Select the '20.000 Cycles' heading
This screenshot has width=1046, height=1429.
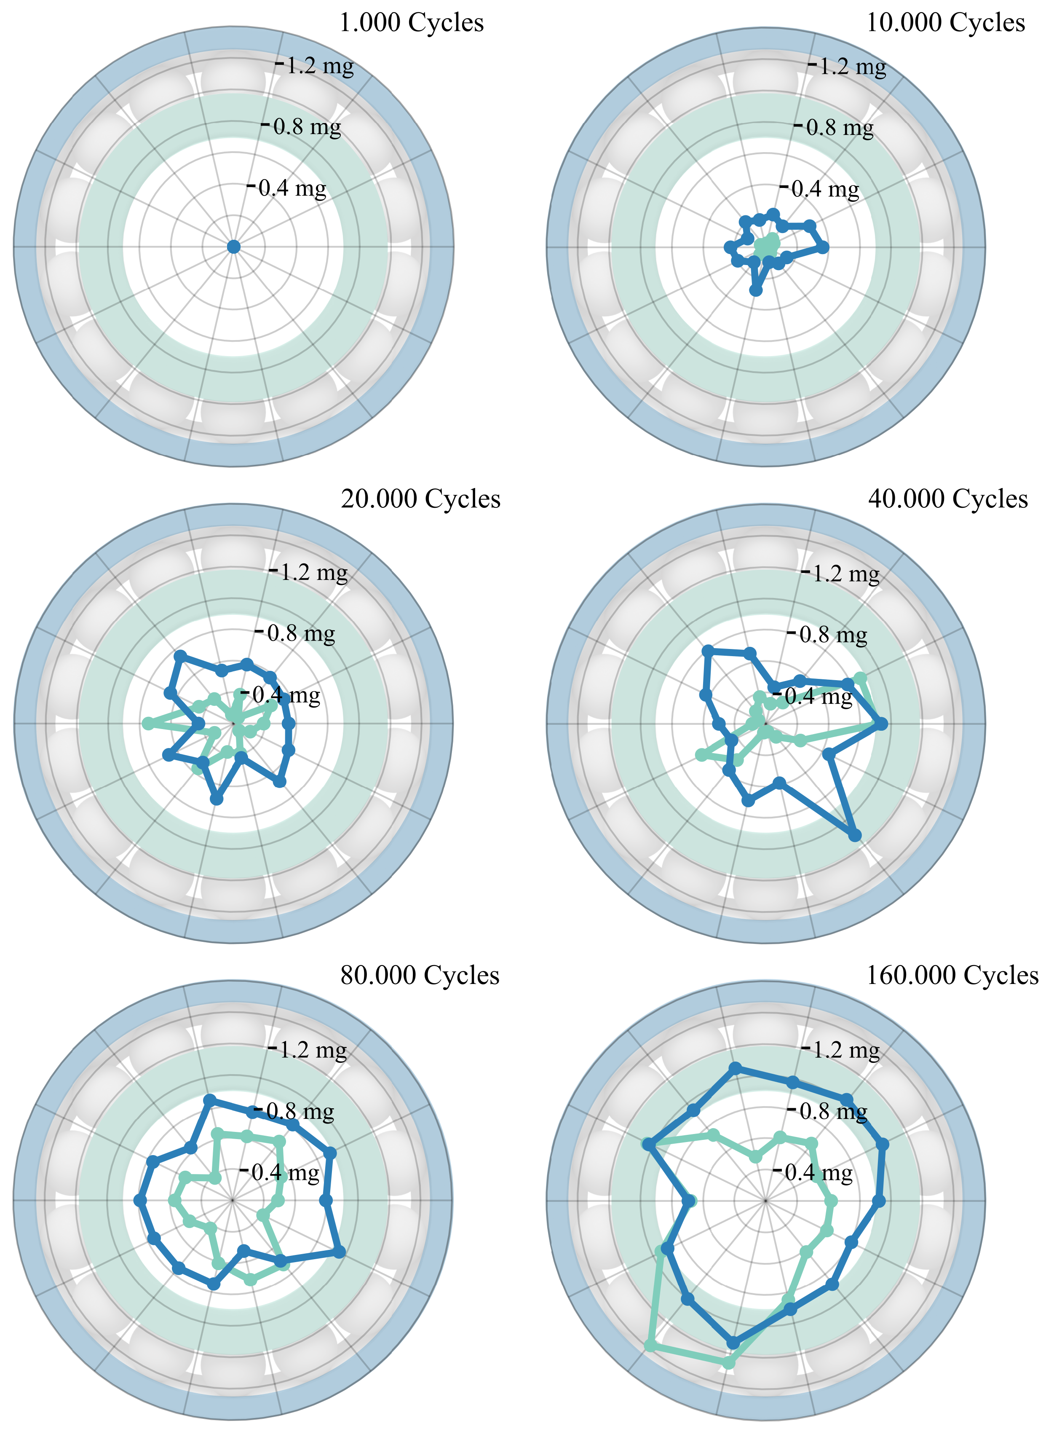point(420,499)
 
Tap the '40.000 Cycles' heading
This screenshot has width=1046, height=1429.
point(947,499)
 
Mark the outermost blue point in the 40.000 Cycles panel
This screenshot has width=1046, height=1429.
point(855,836)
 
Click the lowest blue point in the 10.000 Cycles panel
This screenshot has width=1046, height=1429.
point(755,290)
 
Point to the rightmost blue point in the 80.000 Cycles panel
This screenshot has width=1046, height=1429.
point(340,1252)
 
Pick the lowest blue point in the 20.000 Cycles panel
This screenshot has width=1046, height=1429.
point(217,800)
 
